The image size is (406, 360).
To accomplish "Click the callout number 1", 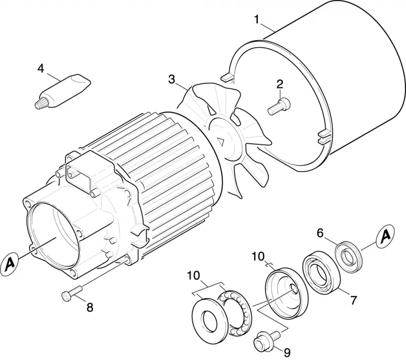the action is (x=257, y=19).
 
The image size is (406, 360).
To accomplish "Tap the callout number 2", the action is (x=280, y=84).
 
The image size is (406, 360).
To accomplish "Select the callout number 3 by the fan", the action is (x=172, y=79).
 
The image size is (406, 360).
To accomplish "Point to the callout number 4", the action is (x=41, y=69).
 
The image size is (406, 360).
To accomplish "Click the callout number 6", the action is (x=320, y=234).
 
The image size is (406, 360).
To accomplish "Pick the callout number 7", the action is (x=353, y=300).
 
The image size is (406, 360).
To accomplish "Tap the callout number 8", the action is (x=90, y=307).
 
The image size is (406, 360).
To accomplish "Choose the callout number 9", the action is (x=287, y=352).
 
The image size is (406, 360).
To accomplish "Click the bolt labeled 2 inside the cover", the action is (x=279, y=106).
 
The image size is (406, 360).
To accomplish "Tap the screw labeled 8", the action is (x=72, y=292).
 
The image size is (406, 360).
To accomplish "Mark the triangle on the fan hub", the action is (x=221, y=142).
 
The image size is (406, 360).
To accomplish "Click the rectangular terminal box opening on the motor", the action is (x=79, y=172).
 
